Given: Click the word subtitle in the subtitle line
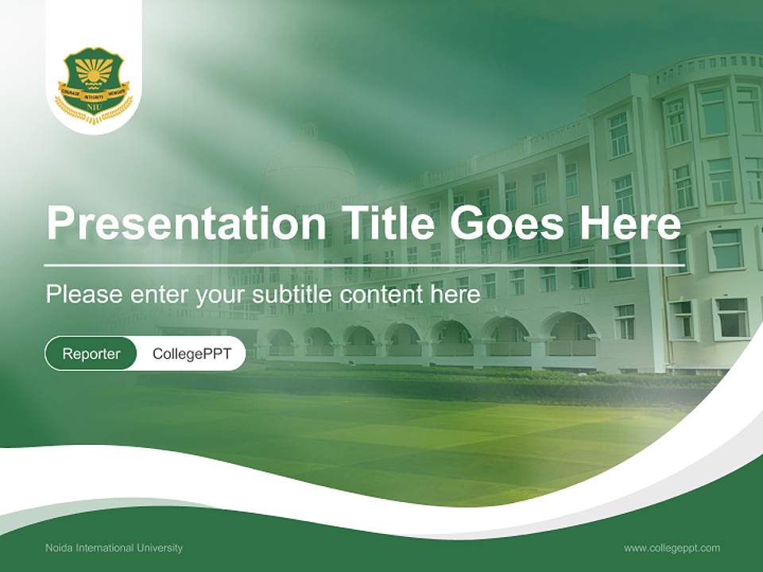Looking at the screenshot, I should [x=296, y=294].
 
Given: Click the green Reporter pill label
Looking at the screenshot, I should [x=91, y=354].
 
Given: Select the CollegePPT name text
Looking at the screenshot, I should [x=192, y=354].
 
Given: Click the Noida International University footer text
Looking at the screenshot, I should [x=114, y=547].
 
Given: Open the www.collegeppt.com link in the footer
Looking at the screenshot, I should [x=672, y=547].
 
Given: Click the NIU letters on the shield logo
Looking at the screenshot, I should [x=94, y=106].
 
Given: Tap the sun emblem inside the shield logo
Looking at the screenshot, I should [x=94, y=74].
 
